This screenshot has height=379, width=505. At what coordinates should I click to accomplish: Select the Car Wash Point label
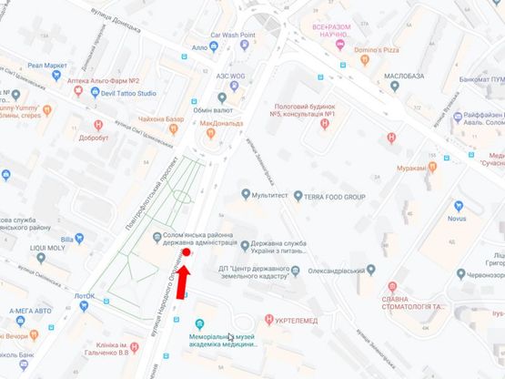[x=234, y=35]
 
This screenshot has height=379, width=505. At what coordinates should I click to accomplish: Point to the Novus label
[x=457, y=219]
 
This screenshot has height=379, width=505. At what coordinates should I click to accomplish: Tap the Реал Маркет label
[x=47, y=65]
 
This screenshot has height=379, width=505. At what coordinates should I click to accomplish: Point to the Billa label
[x=80, y=240]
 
